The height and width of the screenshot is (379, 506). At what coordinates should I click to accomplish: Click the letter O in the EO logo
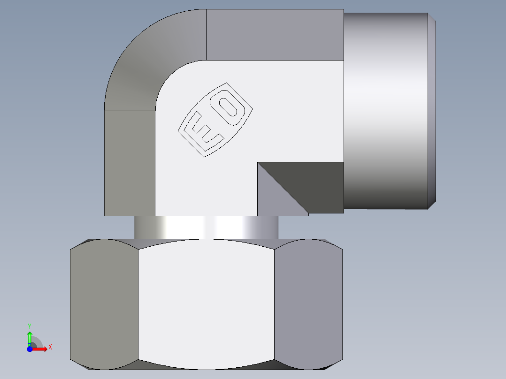[230, 108]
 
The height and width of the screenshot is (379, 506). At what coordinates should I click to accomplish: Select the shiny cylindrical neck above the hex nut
[207, 227]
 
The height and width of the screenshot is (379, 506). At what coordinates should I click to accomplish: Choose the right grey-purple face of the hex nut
[308, 305]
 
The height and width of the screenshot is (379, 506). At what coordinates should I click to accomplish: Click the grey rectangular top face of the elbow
[275, 35]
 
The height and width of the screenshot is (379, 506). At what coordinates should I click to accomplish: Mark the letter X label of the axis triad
[50, 347]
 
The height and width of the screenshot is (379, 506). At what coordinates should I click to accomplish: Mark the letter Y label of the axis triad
[30, 325]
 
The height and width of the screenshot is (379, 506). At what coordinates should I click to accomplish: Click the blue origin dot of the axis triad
[29, 349]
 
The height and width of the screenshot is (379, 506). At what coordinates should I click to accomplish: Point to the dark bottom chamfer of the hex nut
[207, 366]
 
